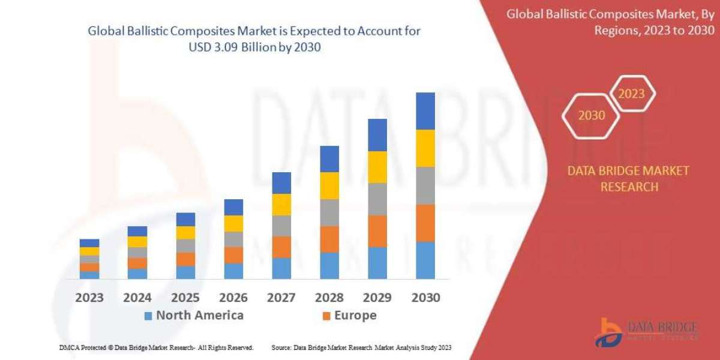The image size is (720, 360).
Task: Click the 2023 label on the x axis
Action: pos(89,298)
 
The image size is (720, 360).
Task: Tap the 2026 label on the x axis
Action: pos(233,298)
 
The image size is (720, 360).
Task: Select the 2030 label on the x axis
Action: pos(425,298)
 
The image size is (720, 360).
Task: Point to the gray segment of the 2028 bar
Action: pos(329,212)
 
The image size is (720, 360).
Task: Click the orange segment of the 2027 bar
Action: pos(281,247)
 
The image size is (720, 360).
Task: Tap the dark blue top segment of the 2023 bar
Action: pos(89,243)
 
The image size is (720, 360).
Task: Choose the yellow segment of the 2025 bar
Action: pos(185,233)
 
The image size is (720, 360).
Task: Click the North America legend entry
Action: pos(194,316)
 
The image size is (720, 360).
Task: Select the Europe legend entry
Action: pos(350,316)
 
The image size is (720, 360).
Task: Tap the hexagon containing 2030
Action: pos(591,116)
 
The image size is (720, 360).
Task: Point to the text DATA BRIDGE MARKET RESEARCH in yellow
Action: pos(628,179)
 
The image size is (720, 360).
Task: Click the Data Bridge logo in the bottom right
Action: pos(646,332)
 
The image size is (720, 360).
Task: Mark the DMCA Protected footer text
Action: pos(156,347)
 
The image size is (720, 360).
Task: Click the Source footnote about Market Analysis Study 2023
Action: pos(361,347)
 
